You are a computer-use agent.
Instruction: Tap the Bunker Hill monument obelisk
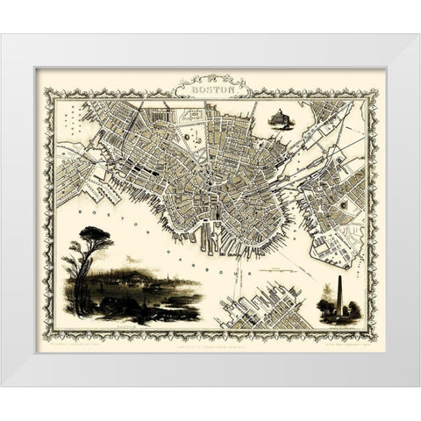point(339,296)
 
